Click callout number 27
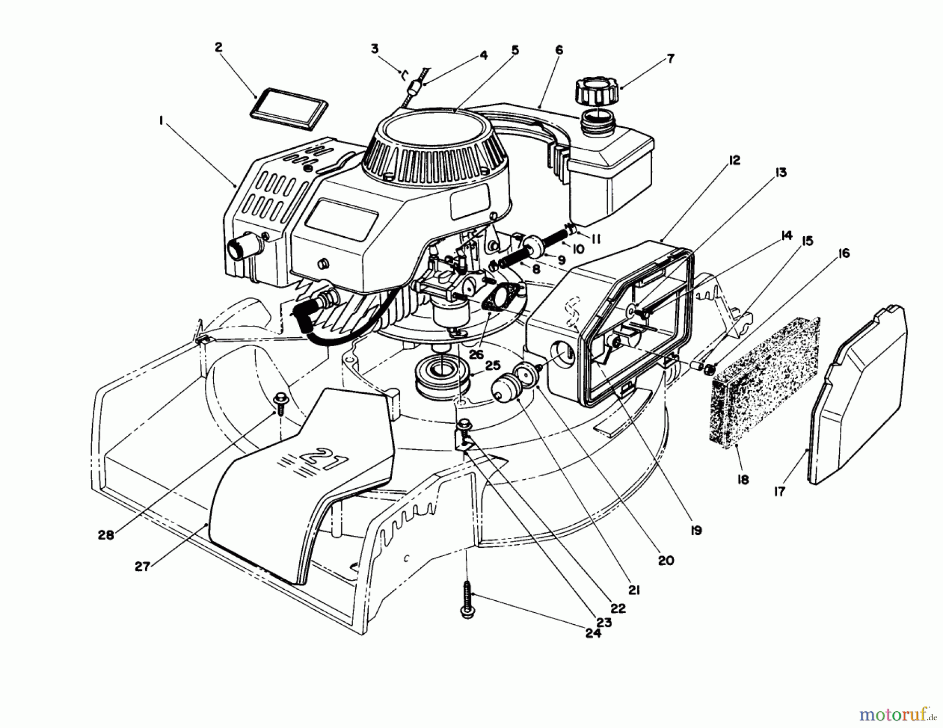[x=142, y=566]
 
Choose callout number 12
[x=734, y=160]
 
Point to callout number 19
[x=696, y=531]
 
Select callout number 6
[x=559, y=50]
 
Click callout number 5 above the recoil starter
[x=515, y=50]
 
